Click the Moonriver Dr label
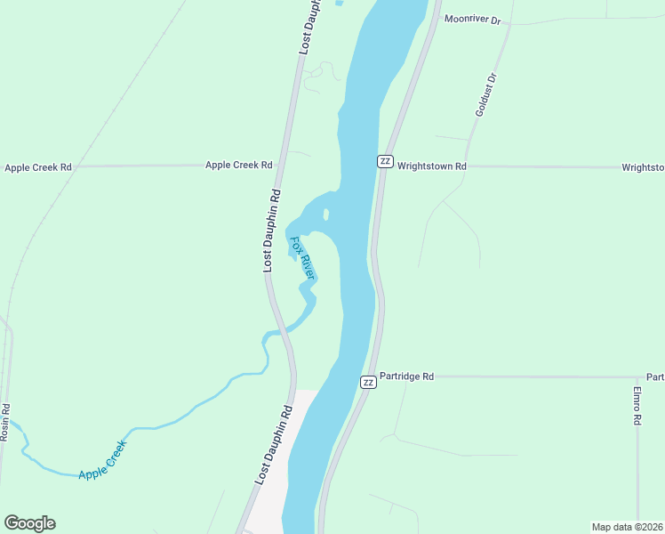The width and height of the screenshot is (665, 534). [x=472, y=18]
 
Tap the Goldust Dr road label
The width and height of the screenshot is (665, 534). [x=485, y=95]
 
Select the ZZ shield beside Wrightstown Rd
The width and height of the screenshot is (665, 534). [x=385, y=160]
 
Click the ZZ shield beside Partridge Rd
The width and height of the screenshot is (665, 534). [x=368, y=382]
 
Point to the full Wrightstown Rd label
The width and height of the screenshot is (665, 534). [x=432, y=166]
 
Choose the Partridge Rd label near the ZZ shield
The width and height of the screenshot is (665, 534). [x=406, y=376]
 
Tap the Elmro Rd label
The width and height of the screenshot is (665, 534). [x=637, y=407]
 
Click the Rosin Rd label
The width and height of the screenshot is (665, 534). [x=5, y=422]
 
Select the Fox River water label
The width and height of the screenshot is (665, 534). [x=303, y=258]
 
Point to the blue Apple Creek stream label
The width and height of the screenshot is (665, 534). [x=103, y=460]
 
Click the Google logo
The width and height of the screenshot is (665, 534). [x=29, y=523]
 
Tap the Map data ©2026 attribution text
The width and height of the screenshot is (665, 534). [x=627, y=527]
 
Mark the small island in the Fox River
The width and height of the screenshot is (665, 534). [x=326, y=214]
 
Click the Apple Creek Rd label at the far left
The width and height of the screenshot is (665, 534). [x=37, y=166]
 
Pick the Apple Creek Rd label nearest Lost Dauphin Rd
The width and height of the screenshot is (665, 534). [x=238, y=165]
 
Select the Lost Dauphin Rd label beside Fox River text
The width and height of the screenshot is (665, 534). [x=271, y=231]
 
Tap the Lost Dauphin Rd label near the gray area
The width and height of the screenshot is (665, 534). [x=274, y=445]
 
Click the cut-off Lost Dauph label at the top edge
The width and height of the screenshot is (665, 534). [x=308, y=27]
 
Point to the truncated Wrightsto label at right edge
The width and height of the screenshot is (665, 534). [x=642, y=166]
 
